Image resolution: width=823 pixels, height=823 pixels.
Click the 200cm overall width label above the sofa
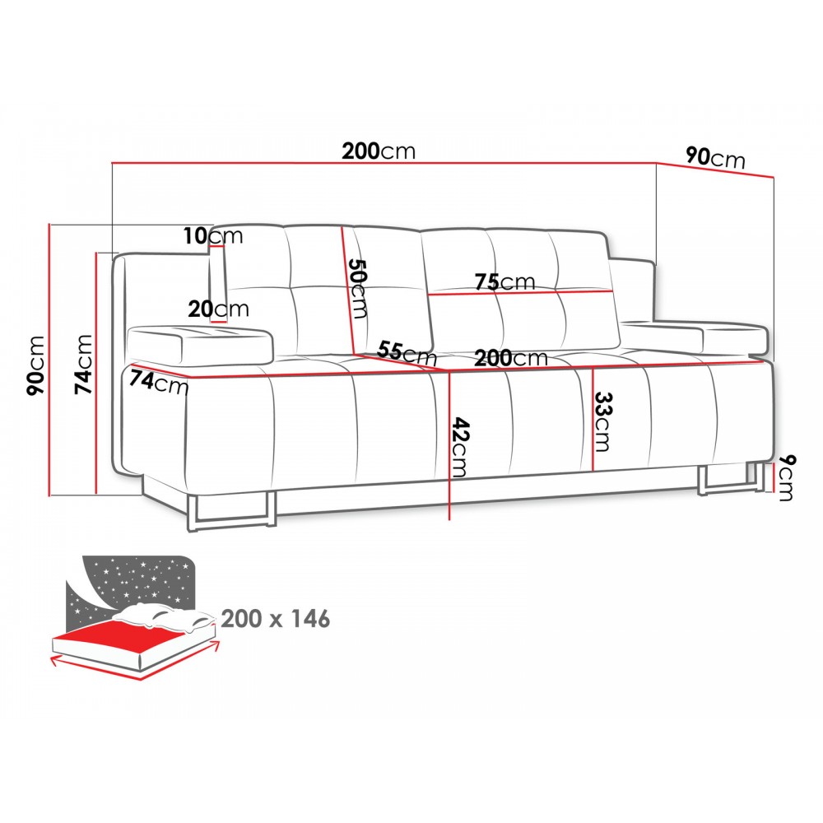click(x=379, y=151)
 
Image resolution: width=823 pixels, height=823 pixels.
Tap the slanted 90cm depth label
click(x=715, y=157)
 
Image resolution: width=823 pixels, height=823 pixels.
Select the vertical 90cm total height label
click(x=37, y=366)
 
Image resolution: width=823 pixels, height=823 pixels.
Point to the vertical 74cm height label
click(x=83, y=364)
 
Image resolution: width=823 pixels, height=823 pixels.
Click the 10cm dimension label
click(x=213, y=235)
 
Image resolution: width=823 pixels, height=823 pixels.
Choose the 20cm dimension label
click(x=218, y=309)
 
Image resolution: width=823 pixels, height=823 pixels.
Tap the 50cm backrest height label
click(x=358, y=288)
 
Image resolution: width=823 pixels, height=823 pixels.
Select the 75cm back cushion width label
click(x=505, y=281)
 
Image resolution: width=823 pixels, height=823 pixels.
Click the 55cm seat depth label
click(x=407, y=353)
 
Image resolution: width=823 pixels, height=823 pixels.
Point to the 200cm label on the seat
click(x=511, y=358)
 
